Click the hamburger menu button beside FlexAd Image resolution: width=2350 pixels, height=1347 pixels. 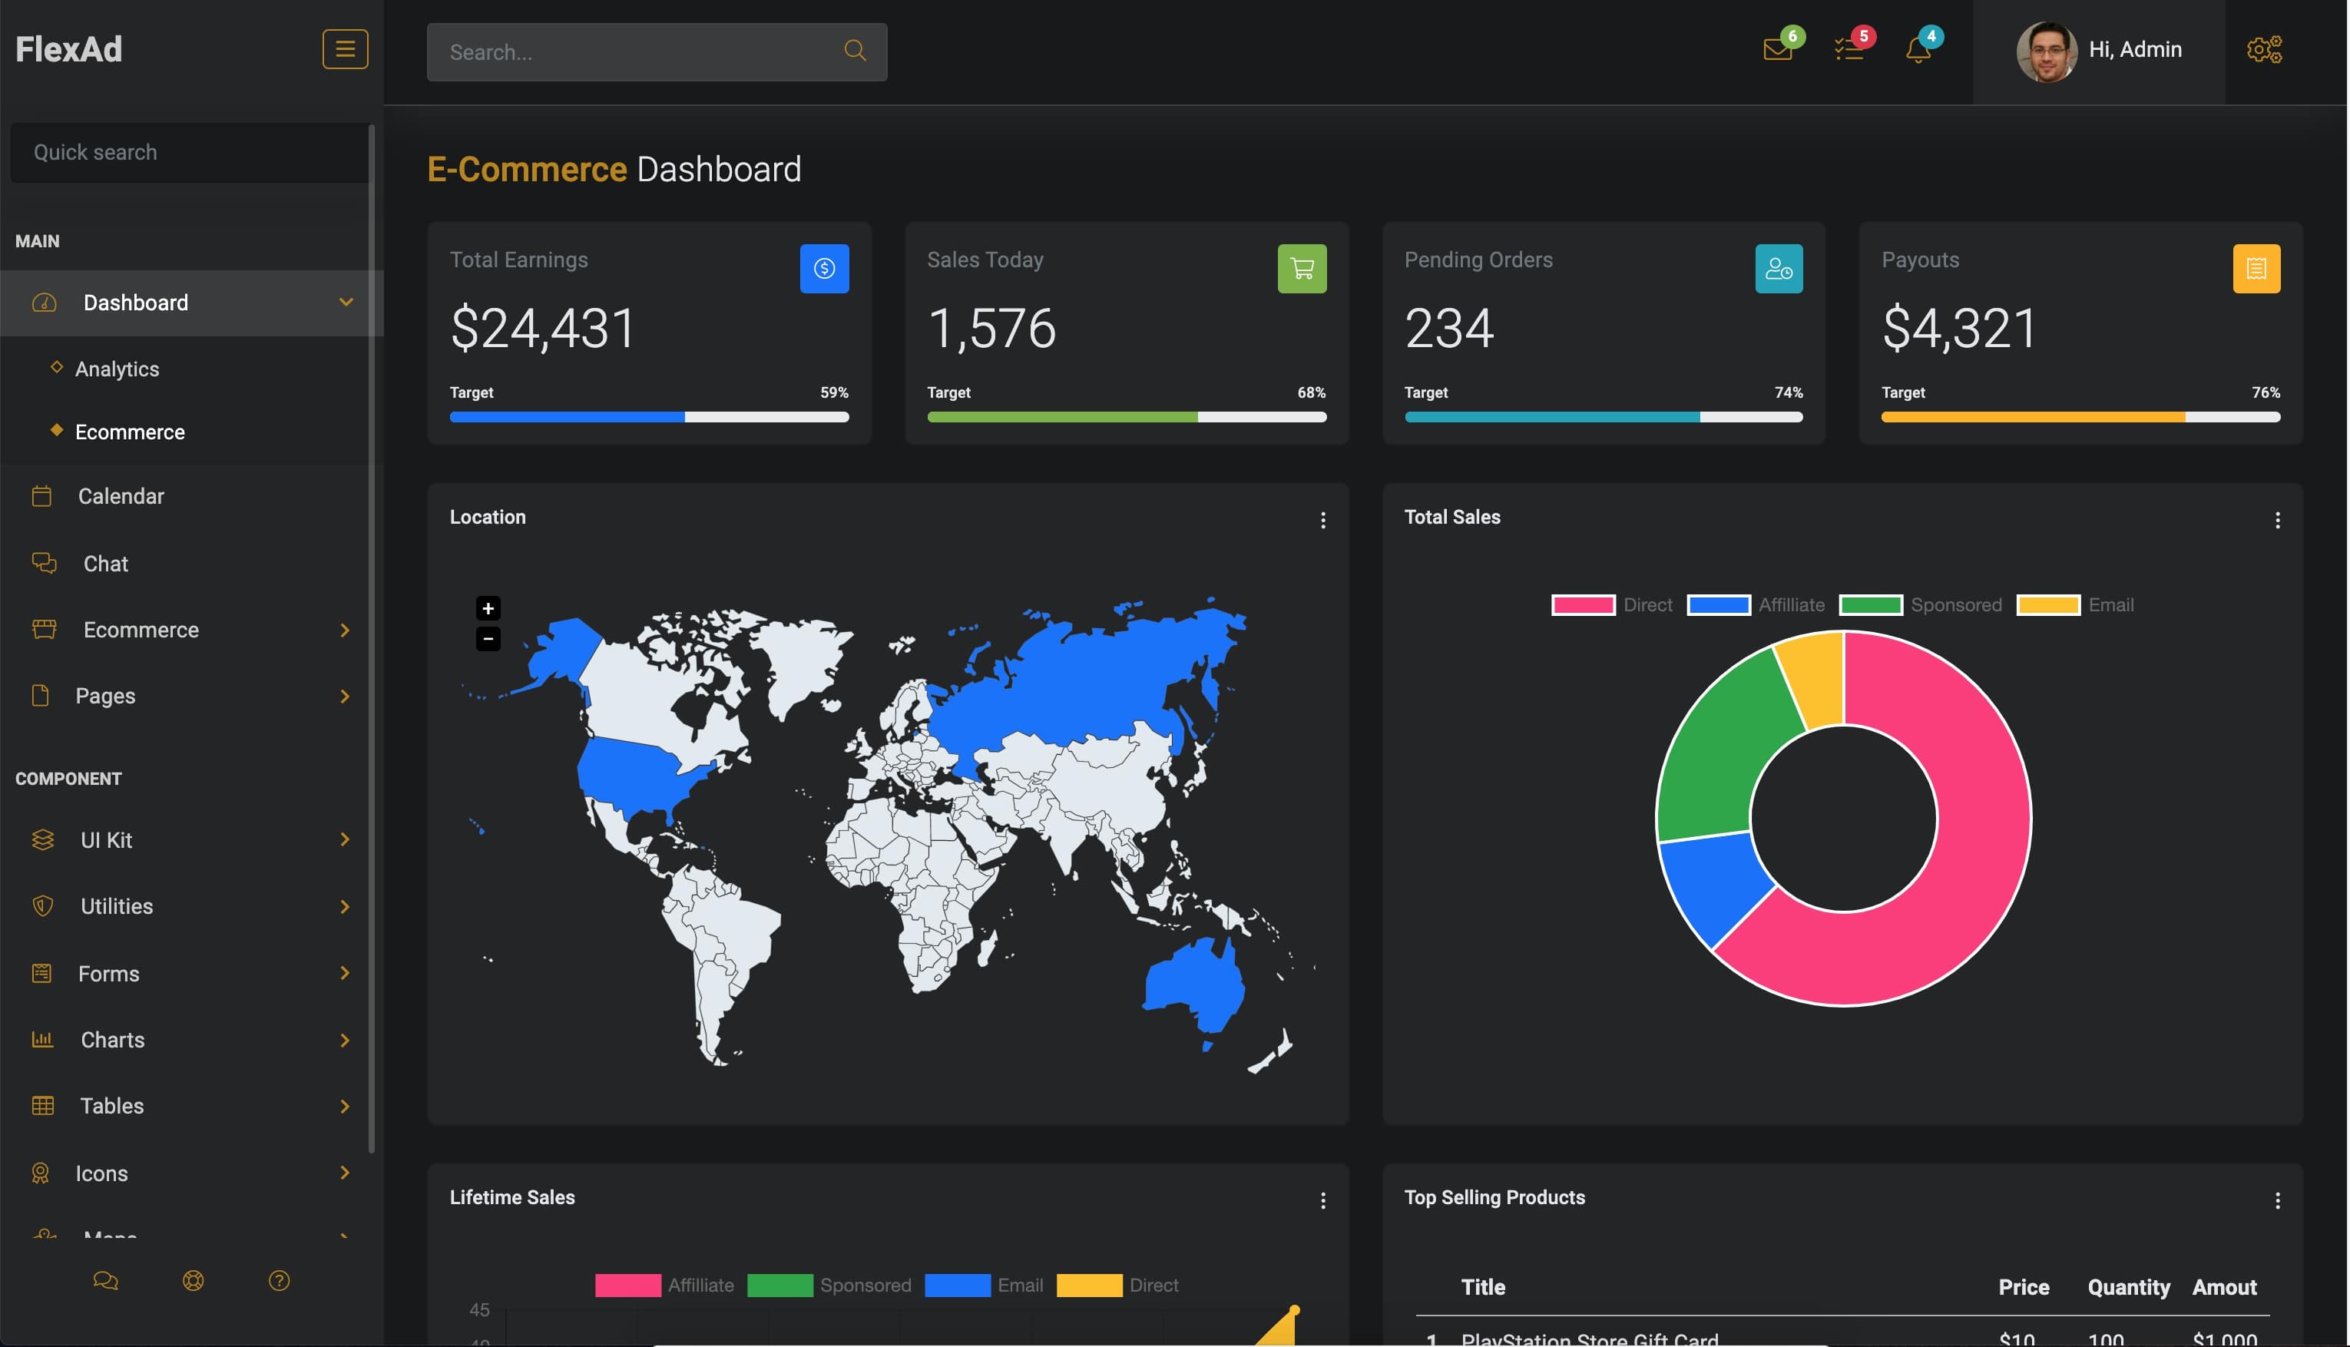[x=344, y=49]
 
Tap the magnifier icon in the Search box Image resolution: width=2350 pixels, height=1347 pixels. [x=855, y=51]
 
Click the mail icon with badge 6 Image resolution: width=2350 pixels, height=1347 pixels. [x=1777, y=49]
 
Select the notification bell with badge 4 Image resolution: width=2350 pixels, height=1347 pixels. [x=1918, y=49]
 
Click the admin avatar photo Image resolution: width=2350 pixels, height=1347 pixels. [x=2046, y=51]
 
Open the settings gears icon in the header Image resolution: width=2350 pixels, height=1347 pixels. [x=2264, y=49]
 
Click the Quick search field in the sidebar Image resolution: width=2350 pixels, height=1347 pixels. [x=190, y=153]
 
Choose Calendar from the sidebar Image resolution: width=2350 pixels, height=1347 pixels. [x=121, y=497]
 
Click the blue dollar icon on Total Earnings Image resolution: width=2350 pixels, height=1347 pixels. [x=824, y=268]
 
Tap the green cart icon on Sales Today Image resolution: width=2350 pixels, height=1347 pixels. [x=1302, y=268]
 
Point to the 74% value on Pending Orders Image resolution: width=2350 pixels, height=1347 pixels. [x=1789, y=393]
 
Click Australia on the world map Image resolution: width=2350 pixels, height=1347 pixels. [x=1193, y=985]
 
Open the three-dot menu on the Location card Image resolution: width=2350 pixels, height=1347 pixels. [x=1323, y=521]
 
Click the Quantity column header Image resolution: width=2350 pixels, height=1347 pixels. [x=2128, y=1288]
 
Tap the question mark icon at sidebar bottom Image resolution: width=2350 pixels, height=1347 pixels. [x=279, y=1281]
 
